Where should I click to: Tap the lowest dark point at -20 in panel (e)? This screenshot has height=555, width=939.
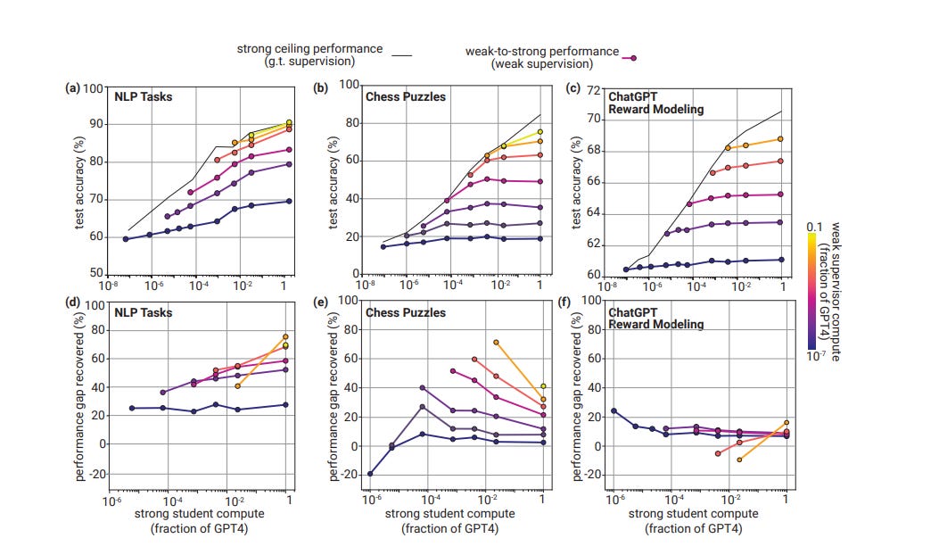(370, 474)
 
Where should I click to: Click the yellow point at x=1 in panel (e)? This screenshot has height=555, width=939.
(543, 386)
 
